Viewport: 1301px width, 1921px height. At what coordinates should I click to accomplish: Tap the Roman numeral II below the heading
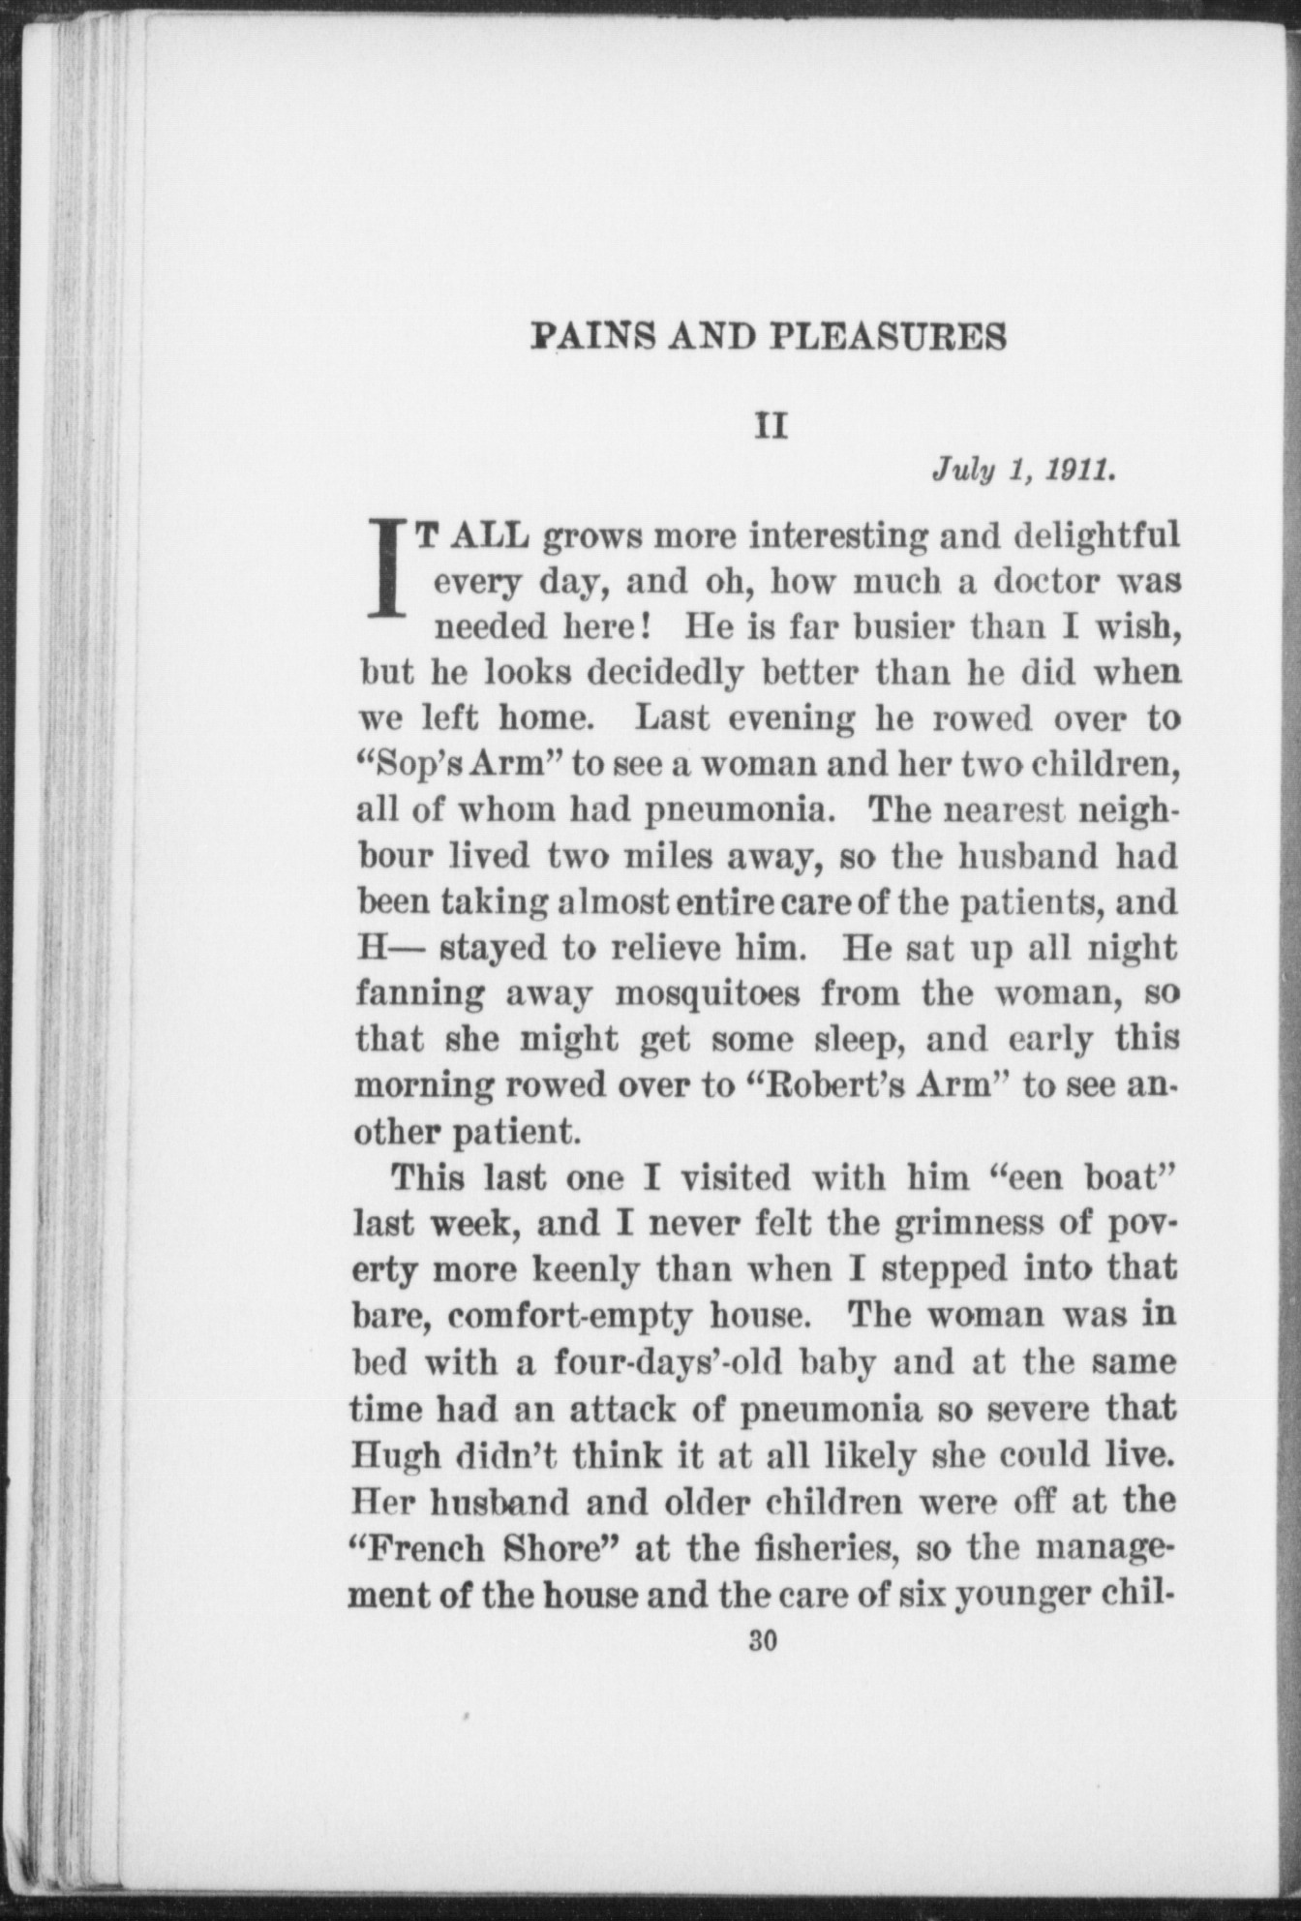[772, 426]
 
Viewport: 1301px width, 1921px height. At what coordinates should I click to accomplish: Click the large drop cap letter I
[389, 569]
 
